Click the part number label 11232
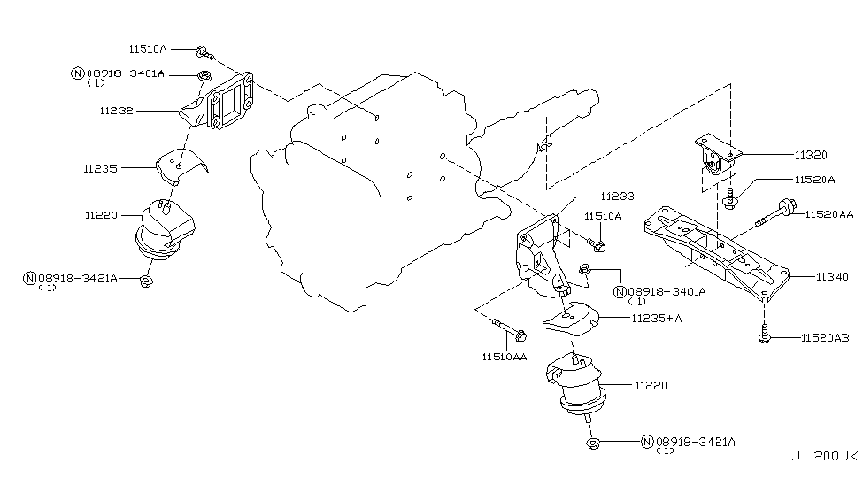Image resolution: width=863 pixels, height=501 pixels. click(x=117, y=112)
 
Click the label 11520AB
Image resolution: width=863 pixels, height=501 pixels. click(x=825, y=338)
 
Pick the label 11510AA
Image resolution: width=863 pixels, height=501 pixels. click(x=504, y=357)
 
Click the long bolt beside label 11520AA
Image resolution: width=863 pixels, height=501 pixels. click(x=775, y=215)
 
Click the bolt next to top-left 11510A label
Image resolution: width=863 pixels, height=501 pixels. click(x=202, y=50)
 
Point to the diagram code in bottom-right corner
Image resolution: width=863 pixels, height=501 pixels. click(x=823, y=457)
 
